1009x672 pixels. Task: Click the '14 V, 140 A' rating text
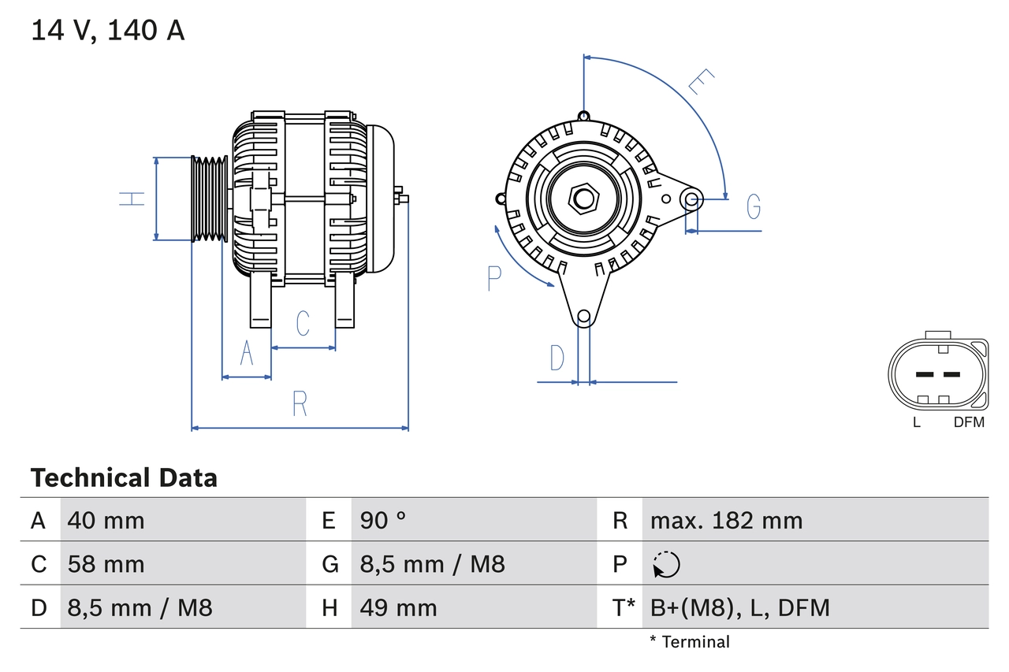coord(108,31)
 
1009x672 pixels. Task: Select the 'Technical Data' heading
coord(124,478)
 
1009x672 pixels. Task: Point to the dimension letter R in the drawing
coord(300,403)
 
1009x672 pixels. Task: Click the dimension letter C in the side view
coord(303,323)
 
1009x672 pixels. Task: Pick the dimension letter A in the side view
coord(247,354)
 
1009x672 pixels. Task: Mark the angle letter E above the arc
coord(700,81)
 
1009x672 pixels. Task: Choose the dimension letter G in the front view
coord(754,206)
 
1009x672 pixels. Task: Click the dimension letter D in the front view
coord(557,358)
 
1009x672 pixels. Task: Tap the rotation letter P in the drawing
coord(494,278)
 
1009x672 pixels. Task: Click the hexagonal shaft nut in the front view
coord(583,198)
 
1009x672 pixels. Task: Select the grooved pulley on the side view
coord(210,198)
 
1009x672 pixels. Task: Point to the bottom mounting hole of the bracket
coord(583,317)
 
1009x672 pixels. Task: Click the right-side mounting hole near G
coord(691,199)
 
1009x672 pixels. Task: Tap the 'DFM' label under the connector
coord(969,422)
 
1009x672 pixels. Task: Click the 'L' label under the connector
coord(916,422)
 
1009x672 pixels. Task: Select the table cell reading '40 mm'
coord(106,521)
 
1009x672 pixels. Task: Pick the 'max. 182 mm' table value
coord(726,521)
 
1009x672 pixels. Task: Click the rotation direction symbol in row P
coord(666,564)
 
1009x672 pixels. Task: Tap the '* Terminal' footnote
coord(690,642)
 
